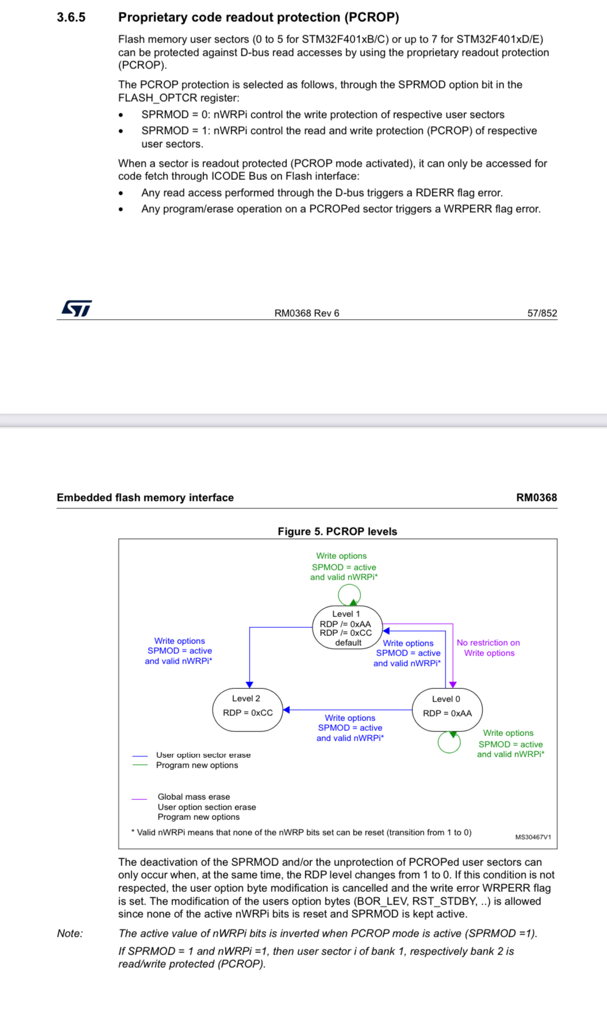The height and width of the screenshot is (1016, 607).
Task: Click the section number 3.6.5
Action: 71,17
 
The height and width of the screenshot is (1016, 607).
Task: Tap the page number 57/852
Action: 542,313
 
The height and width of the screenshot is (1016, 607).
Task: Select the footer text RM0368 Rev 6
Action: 306,313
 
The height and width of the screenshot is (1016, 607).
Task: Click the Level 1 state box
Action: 347,628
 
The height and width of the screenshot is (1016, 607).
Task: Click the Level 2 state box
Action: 247,710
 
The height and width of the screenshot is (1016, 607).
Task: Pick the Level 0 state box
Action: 447,710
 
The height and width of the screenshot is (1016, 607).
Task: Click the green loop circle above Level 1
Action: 349,595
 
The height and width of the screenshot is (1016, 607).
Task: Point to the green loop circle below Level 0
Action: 449,742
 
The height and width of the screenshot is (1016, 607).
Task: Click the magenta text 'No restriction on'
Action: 488,643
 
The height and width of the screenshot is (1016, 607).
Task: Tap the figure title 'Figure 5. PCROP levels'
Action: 337,531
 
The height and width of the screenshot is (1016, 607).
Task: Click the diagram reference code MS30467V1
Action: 533,837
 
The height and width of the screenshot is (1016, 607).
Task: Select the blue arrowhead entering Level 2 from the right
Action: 286,710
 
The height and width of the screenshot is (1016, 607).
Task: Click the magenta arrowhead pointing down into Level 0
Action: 453,684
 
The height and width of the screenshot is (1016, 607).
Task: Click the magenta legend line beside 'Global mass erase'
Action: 139,799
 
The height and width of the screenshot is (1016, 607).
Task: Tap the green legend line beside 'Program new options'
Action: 140,765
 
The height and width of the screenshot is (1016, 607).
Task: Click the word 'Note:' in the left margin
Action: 70,933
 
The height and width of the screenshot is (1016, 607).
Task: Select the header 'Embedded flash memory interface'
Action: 145,497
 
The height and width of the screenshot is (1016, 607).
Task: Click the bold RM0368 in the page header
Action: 536,497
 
